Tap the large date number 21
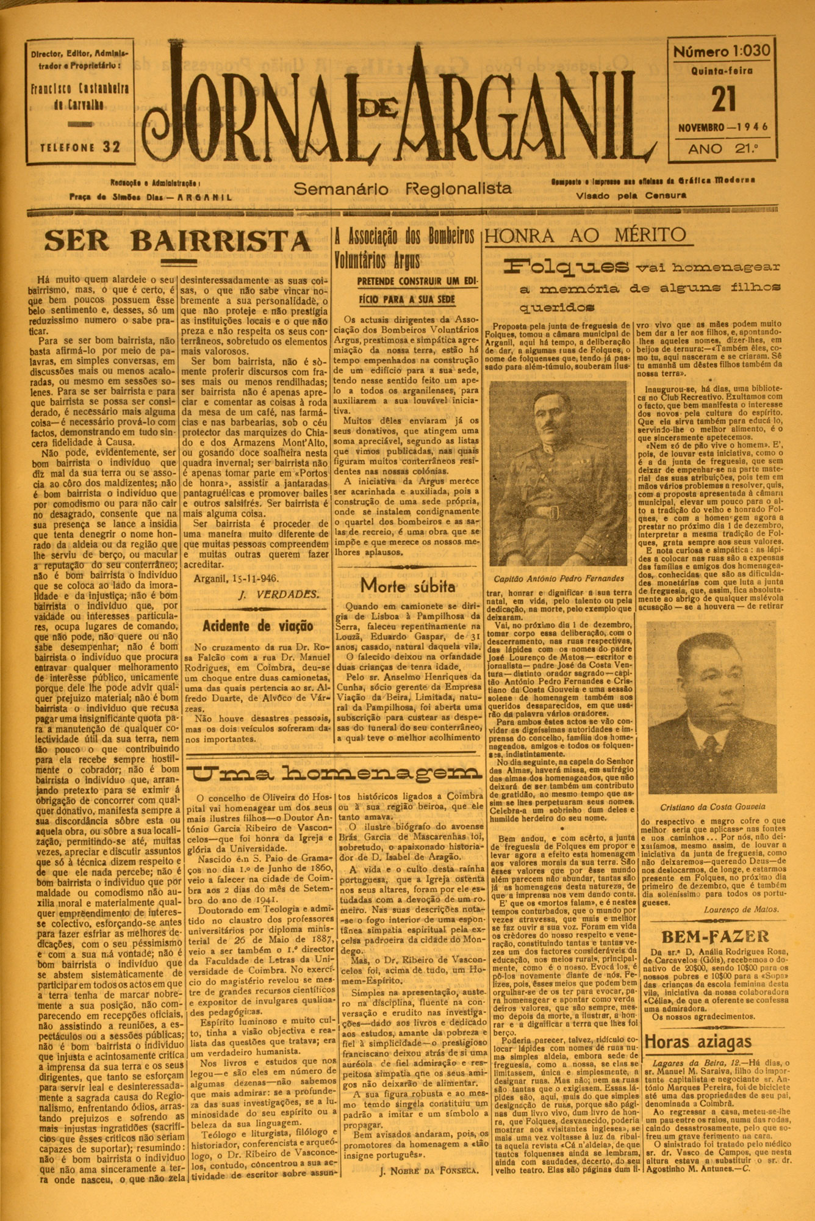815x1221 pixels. (723, 100)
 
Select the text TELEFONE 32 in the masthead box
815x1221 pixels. (80, 147)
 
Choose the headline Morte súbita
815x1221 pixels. (408, 585)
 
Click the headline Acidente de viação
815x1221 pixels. (258, 625)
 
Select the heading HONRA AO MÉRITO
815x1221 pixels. (586, 234)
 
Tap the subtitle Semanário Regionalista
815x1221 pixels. (403, 189)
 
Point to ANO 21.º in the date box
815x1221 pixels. (722, 148)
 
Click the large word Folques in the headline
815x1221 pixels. (567, 266)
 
